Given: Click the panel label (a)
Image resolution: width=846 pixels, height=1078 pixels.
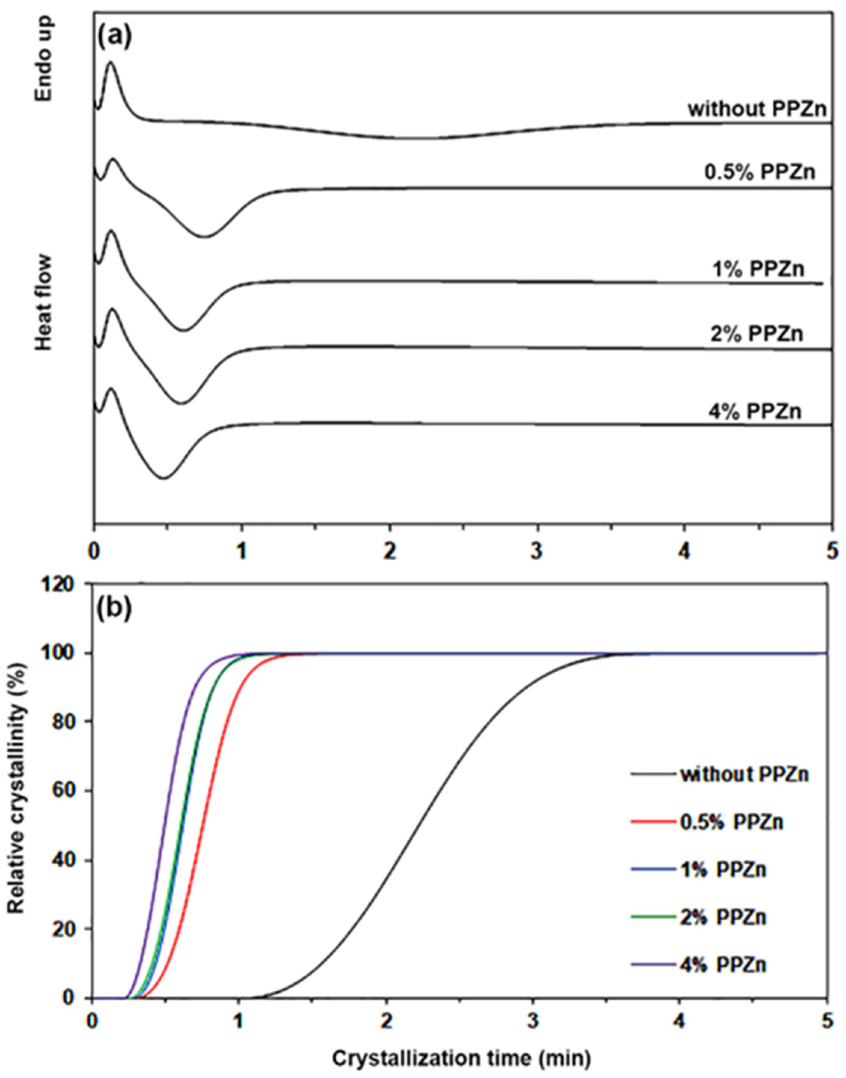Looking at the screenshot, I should click(x=115, y=38).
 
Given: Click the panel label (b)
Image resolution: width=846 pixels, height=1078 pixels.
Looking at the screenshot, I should click(x=115, y=610).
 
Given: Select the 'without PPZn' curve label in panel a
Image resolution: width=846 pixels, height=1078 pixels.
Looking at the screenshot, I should click(x=757, y=109).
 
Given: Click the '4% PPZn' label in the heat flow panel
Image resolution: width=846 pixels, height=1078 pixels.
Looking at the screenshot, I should click(x=753, y=411).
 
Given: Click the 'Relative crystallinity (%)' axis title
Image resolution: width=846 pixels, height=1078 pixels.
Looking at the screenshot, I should click(x=18, y=806).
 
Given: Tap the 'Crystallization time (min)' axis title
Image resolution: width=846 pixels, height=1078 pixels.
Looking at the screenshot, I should click(x=461, y=1055).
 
